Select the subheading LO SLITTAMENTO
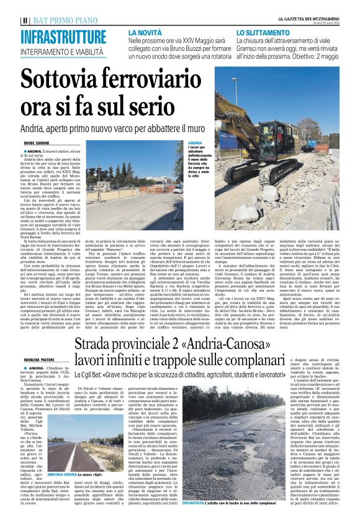click(259, 31)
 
